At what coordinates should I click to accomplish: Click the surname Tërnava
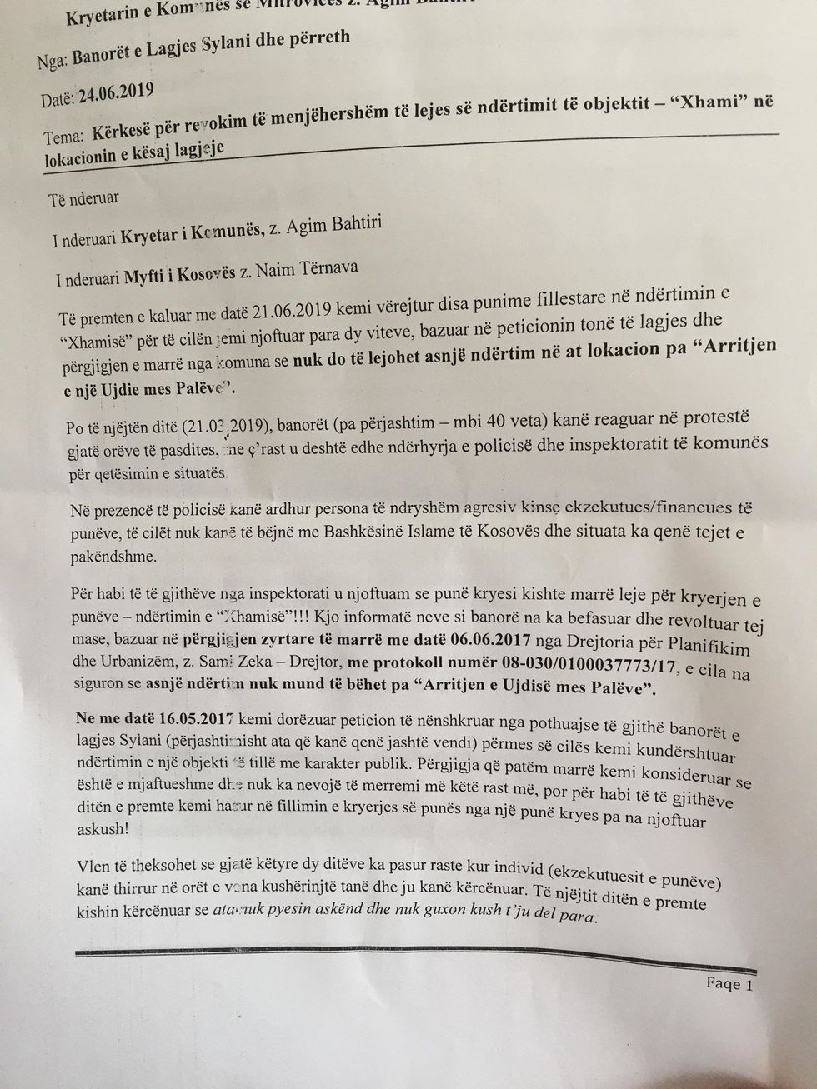pos(327,267)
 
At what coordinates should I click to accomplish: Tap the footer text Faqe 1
pos(729,984)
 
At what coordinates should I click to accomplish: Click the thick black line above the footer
pos(417,957)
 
